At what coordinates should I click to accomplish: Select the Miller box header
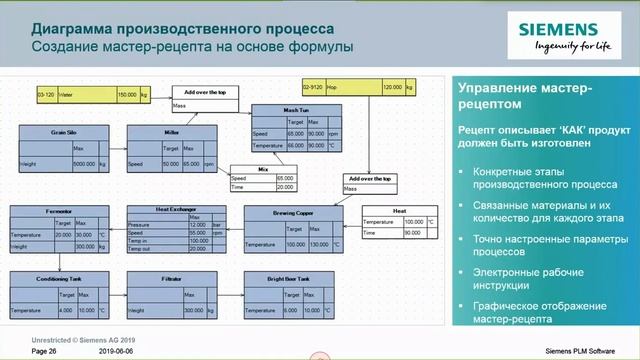(172, 132)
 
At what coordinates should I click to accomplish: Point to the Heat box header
(399, 210)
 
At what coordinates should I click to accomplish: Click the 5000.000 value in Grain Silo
(84, 163)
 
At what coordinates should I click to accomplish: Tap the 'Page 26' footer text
(45, 351)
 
